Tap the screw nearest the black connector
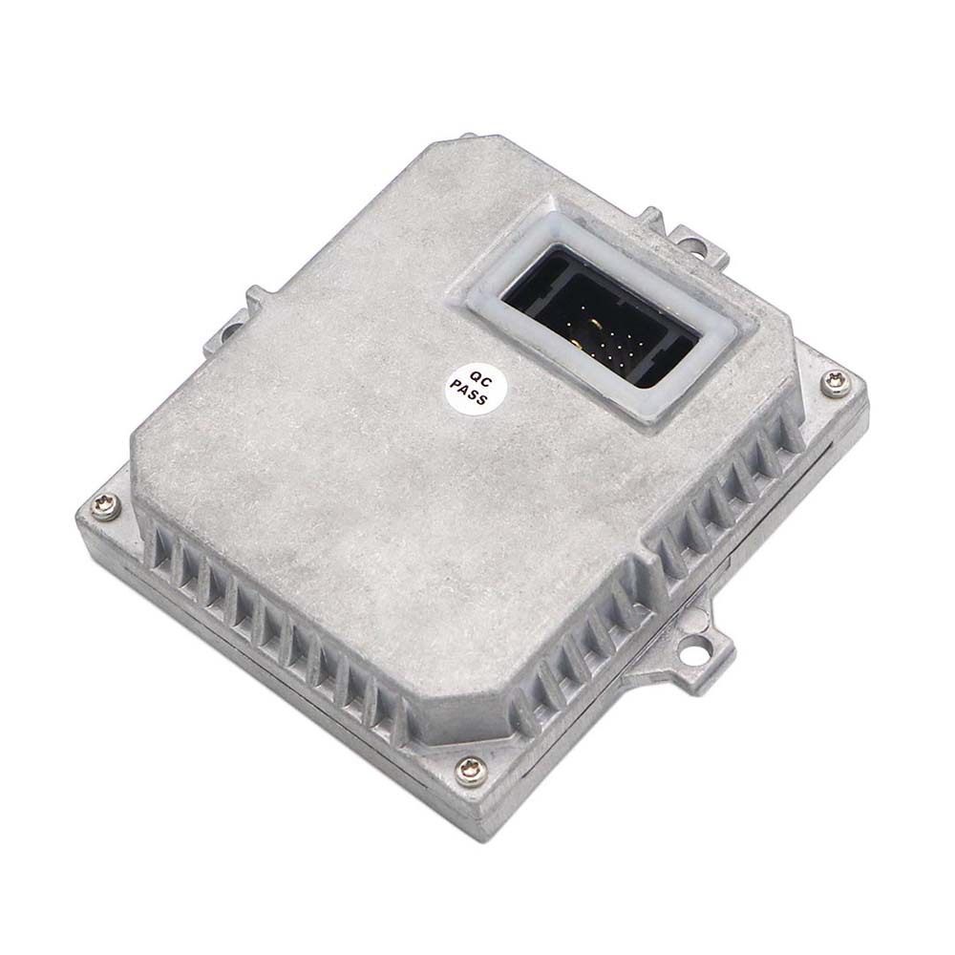pos(834,384)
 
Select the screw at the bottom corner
pos(469,771)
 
